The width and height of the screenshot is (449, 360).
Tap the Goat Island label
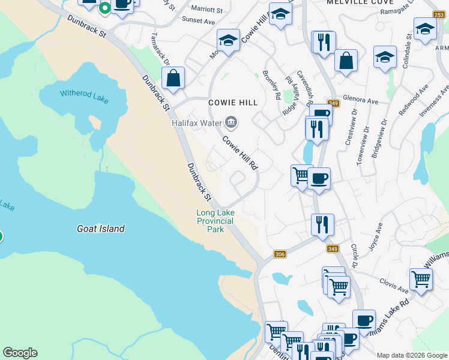[x=101, y=229]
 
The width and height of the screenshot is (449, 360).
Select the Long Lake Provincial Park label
[x=215, y=221]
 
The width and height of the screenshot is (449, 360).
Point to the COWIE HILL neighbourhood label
[x=233, y=103]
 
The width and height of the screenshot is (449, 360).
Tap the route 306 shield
[x=279, y=254]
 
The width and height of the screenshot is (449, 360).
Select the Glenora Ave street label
[x=360, y=100]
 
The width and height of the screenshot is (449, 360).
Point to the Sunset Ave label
[x=202, y=21]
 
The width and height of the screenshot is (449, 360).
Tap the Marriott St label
[x=206, y=10]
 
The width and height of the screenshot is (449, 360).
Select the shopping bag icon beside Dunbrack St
[x=173, y=78]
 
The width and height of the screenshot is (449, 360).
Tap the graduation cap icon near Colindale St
[x=425, y=28]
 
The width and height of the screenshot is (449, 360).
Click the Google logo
[x=20, y=353]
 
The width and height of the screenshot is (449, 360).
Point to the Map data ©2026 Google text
[x=412, y=355]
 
